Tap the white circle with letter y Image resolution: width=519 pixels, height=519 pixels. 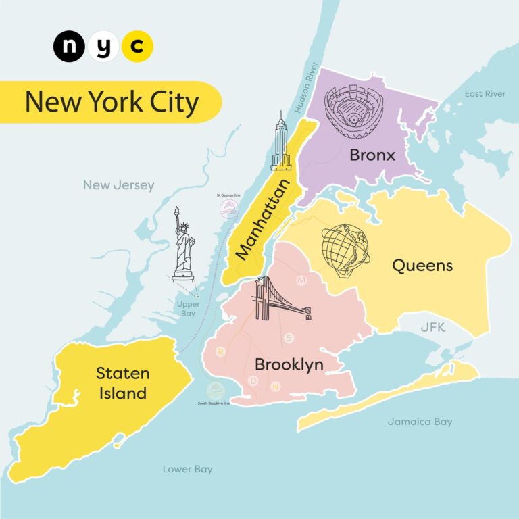103,47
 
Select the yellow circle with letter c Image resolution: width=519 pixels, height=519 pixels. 137,47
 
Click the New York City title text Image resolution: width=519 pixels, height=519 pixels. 112,102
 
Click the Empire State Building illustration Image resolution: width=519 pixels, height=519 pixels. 280,143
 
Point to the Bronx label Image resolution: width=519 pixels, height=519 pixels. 372,155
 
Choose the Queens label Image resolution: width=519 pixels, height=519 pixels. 422,266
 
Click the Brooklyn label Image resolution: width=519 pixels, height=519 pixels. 289,365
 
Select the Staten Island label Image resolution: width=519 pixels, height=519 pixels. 122,382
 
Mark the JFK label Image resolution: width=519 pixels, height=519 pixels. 433,328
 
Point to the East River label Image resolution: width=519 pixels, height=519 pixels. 485,93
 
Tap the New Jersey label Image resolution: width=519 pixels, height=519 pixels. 119,185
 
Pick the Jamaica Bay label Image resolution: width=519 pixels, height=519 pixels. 420,422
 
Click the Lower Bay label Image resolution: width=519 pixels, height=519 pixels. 188,469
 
